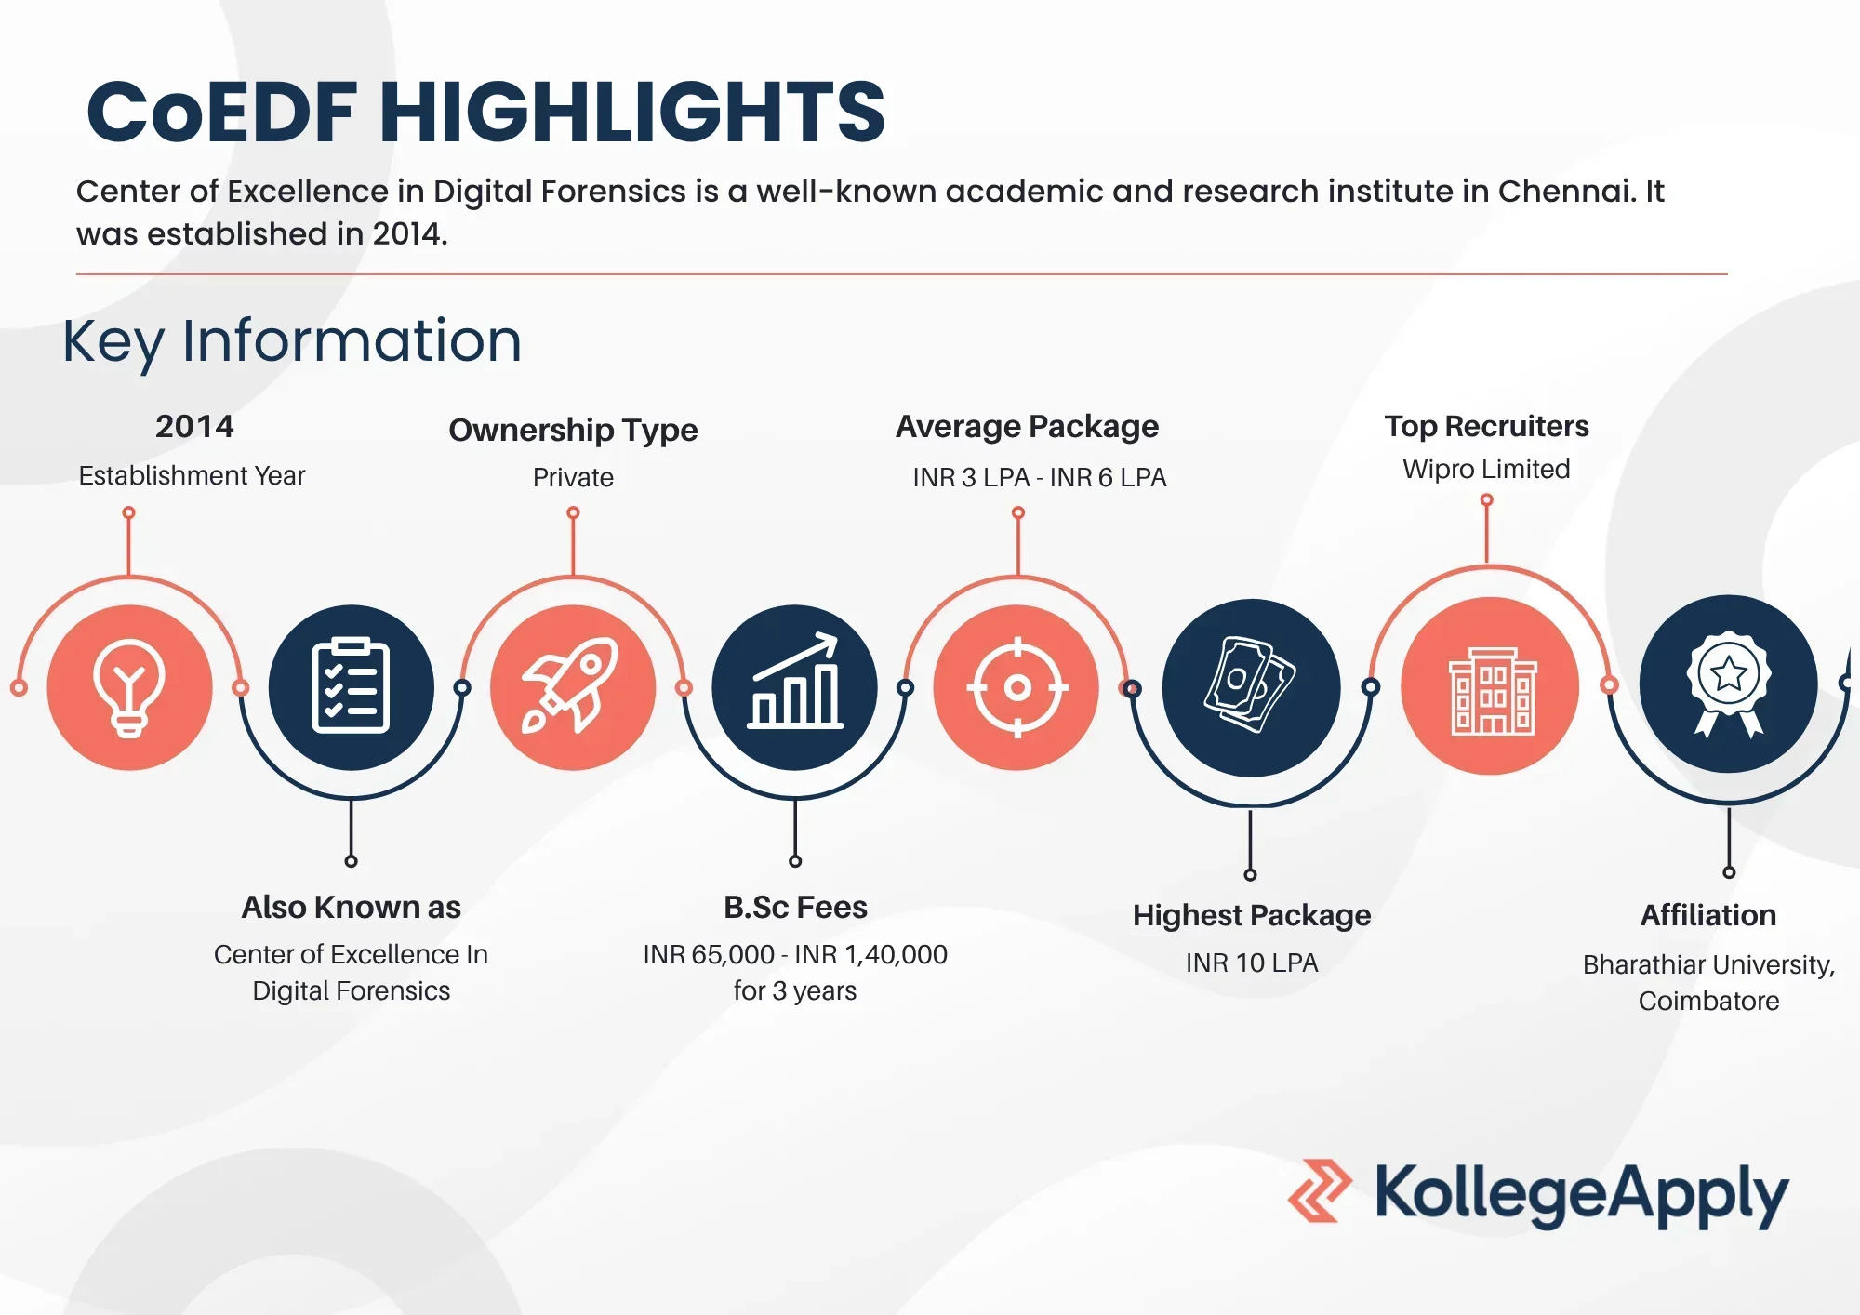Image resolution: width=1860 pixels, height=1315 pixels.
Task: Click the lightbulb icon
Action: tap(129, 687)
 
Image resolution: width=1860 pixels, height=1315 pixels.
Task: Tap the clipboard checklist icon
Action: tap(351, 685)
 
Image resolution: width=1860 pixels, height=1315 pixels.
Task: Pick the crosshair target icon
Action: tap(1017, 687)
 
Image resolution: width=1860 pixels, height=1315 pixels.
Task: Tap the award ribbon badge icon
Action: tap(1728, 684)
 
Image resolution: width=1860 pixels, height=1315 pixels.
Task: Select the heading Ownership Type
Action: tap(573, 430)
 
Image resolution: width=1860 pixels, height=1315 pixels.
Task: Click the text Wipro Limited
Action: tap(1486, 469)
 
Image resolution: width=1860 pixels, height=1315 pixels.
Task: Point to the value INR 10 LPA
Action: tap(1252, 963)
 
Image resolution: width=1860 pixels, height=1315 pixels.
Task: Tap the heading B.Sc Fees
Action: tap(795, 907)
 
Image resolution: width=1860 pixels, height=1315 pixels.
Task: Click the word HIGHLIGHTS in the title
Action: tap(632, 112)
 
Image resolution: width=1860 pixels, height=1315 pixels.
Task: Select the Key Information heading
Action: tap(292, 341)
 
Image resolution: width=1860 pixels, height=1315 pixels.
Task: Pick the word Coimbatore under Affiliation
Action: tap(1708, 1001)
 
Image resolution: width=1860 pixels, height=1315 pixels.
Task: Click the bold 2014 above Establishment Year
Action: tap(194, 426)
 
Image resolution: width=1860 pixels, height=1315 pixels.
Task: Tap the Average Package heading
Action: tap(1027, 427)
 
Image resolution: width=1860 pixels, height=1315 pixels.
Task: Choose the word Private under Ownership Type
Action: tap(573, 477)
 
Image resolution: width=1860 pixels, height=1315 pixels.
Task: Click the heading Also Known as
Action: tap(351, 907)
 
